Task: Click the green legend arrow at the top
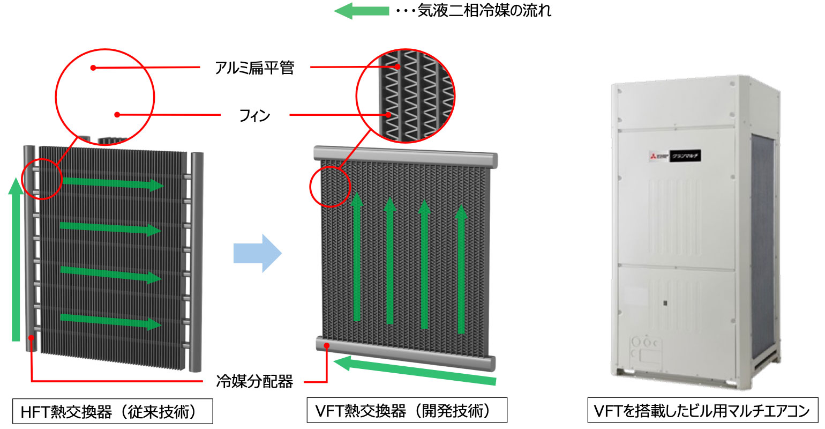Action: click(361, 11)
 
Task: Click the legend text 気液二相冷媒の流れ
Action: click(484, 11)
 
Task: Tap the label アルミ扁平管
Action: click(254, 68)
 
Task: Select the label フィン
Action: click(254, 115)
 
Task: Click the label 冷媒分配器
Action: click(254, 382)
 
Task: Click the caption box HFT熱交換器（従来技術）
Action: click(112, 411)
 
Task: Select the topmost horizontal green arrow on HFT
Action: click(112, 183)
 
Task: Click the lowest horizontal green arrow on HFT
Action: click(110, 321)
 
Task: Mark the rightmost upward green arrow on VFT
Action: click(461, 268)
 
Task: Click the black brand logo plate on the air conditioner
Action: click(685, 156)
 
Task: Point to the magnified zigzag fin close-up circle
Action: click(406, 97)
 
